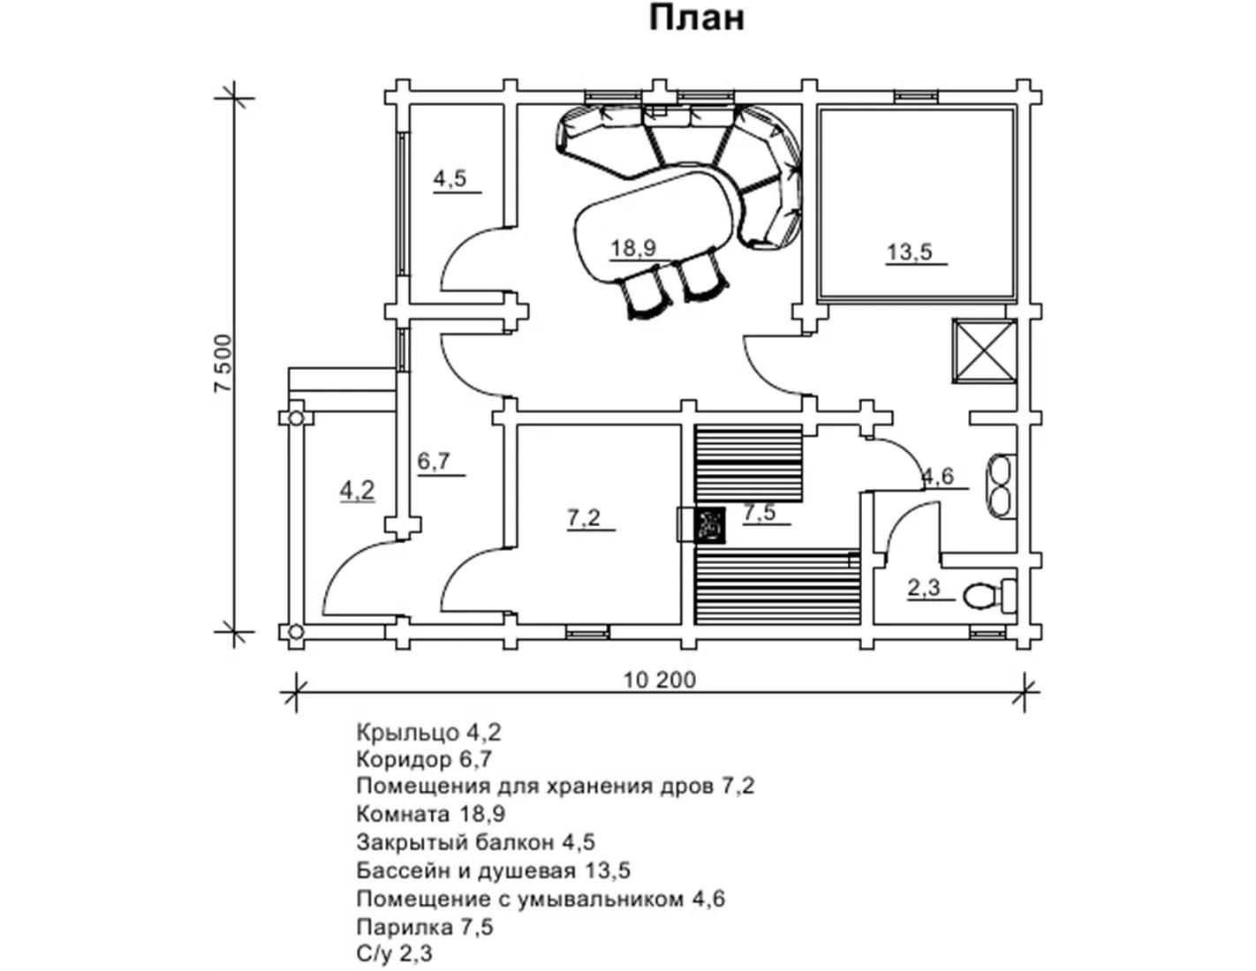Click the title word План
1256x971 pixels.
point(697,19)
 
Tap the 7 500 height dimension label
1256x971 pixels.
point(223,364)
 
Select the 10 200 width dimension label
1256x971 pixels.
point(660,680)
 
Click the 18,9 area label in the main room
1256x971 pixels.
point(633,248)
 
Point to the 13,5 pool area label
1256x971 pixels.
point(909,252)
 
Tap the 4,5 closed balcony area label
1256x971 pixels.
point(450,178)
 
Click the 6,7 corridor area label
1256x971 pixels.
point(434,462)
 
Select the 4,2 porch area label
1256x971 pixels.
point(357,491)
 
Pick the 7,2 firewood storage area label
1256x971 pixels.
point(584,517)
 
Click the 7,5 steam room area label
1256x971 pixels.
point(760,512)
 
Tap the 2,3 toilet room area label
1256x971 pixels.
point(924,588)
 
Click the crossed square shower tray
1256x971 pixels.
point(984,350)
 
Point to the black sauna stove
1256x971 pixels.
point(710,524)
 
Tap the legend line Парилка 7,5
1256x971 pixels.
point(425,927)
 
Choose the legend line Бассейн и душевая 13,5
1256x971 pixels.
point(493,870)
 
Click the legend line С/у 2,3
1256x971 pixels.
point(394,954)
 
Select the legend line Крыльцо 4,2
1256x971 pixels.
point(428,733)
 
